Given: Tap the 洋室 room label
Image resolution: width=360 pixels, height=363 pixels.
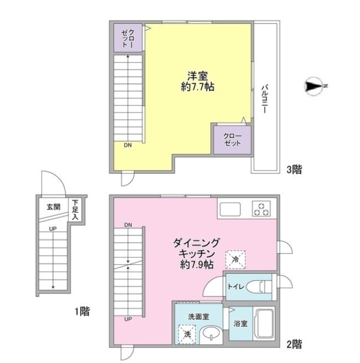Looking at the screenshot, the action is tap(198, 76).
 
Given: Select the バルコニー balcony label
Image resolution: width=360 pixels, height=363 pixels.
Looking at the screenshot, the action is tap(265, 100).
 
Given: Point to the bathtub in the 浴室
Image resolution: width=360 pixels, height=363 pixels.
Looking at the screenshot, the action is tap(264, 324).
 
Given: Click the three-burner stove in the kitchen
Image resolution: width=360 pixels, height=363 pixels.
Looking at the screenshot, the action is tap(261, 209).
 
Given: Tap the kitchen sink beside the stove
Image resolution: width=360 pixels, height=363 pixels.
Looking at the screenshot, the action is tap(230, 209).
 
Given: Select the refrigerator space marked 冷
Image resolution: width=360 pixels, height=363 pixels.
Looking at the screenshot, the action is tap(236, 259).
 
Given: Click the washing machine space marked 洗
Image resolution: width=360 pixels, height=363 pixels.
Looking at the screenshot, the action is tap(187, 334).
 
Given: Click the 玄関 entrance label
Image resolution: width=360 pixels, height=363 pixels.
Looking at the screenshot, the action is tap(54, 207).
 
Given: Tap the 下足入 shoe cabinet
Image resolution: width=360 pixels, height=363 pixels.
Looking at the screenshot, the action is tap(75, 210).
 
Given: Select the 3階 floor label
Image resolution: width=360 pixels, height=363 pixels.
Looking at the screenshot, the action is tap(294, 170).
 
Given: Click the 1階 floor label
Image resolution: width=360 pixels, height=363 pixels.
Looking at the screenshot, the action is tap(82, 311).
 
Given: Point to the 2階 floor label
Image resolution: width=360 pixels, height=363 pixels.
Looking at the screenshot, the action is tap(294, 344).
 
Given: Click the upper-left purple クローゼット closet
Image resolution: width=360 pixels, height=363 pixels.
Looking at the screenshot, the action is tap(128, 38).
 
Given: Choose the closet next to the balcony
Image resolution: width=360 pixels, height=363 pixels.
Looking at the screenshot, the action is tap(232, 140).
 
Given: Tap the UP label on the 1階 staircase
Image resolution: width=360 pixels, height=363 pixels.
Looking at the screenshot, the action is tap(53, 229).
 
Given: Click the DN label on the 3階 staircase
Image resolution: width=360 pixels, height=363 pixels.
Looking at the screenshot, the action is tap(128, 145).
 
